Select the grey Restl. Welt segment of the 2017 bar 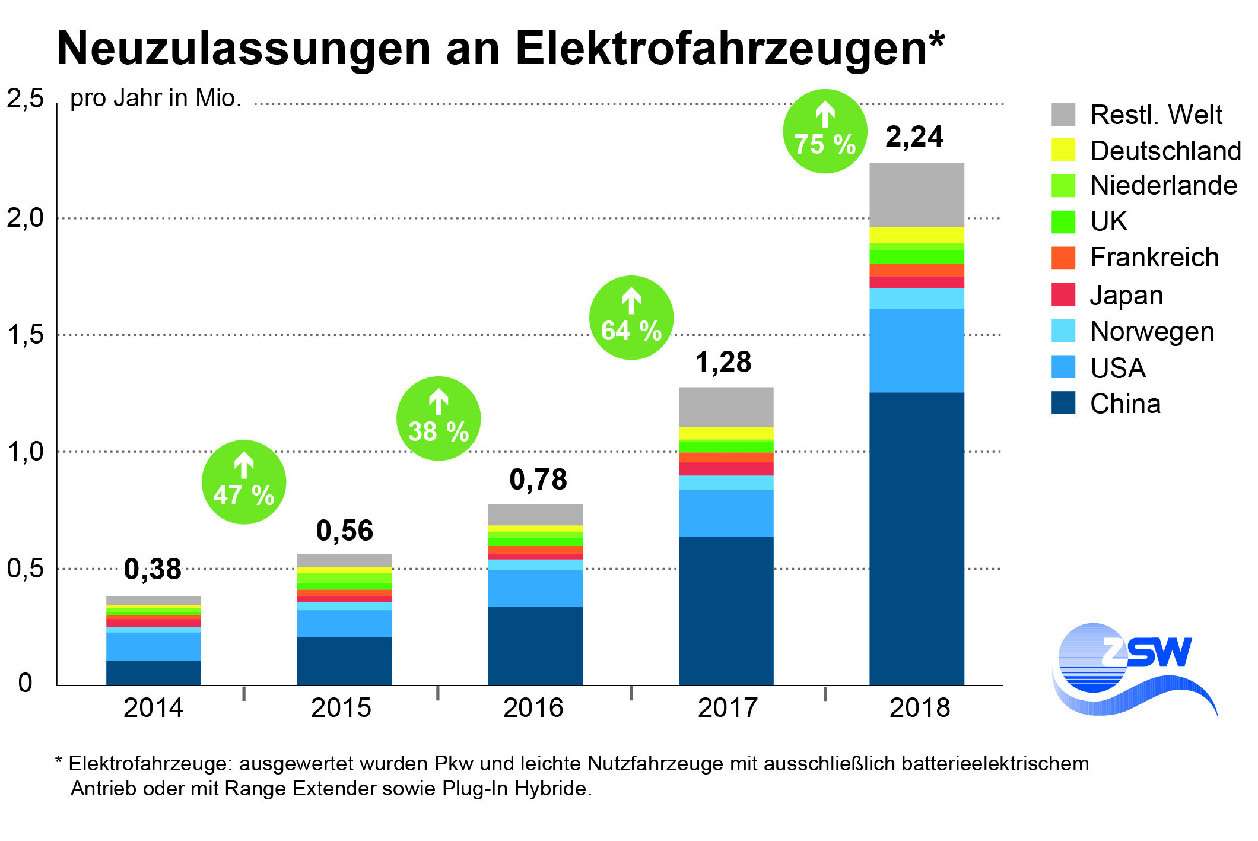(x=726, y=407)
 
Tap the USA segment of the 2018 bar (x=916, y=350)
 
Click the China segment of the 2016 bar (x=535, y=646)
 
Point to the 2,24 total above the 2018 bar (x=914, y=137)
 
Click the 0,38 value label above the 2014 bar (x=153, y=570)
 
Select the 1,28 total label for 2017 (x=723, y=362)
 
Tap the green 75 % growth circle (x=825, y=131)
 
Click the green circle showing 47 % (x=243, y=482)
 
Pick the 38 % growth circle (x=438, y=418)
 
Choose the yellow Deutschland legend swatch (x=1063, y=150)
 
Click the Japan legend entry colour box (x=1063, y=294)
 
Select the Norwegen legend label (x=1152, y=331)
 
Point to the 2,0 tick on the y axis (x=26, y=218)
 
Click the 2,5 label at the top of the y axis (x=26, y=99)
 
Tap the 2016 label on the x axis (x=533, y=707)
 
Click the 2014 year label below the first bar (x=153, y=707)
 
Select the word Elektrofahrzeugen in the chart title (x=729, y=49)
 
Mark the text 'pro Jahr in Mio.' (x=156, y=99)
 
